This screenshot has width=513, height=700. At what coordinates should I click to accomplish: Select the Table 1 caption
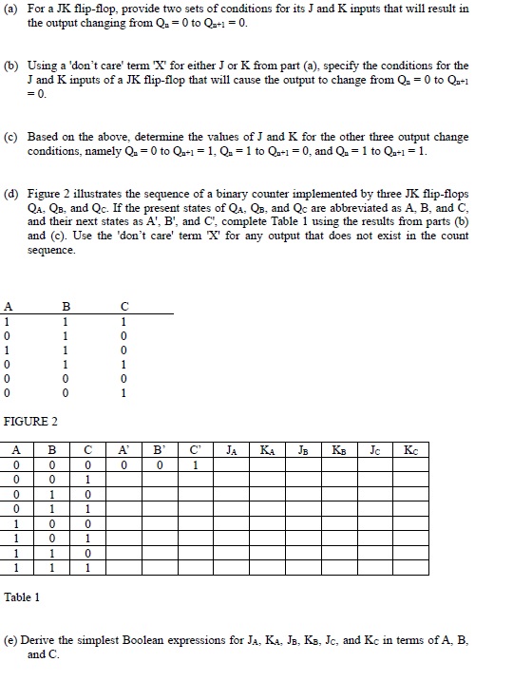click(x=23, y=597)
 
